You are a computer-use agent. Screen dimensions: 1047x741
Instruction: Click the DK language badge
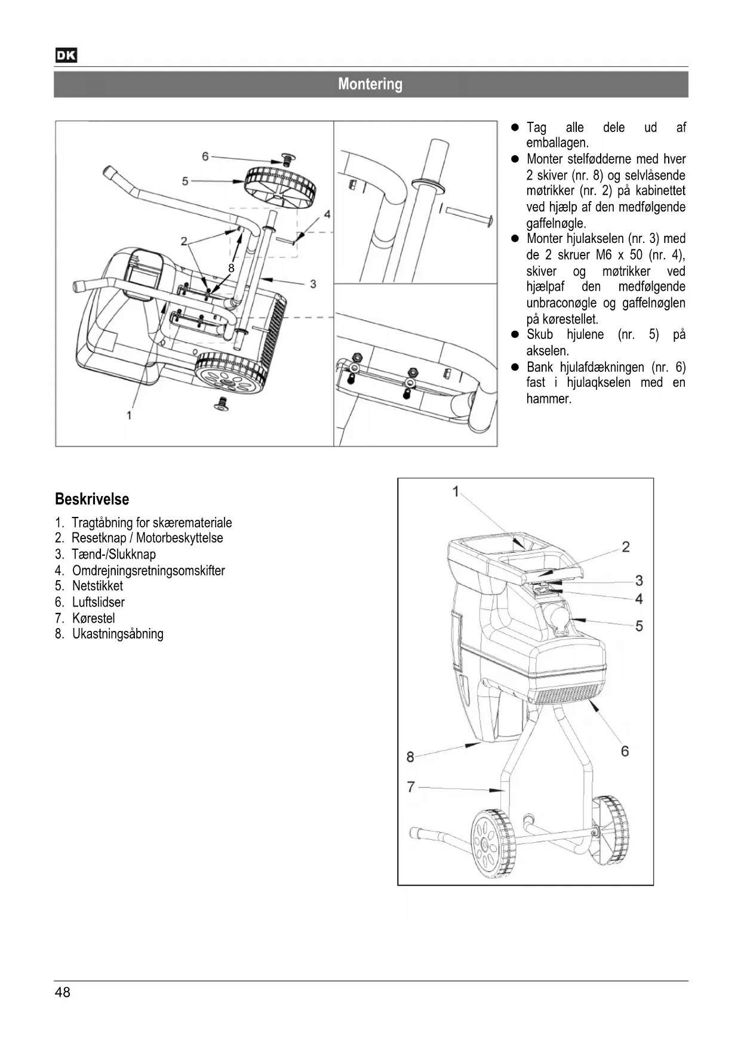point(66,56)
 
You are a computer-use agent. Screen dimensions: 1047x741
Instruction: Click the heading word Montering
point(370,84)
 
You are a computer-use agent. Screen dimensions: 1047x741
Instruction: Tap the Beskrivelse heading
point(92,499)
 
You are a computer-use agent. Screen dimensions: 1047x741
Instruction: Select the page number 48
point(62,992)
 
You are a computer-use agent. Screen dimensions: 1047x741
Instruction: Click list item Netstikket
point(97,586)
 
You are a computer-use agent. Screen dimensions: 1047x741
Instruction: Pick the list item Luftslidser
point(98,602)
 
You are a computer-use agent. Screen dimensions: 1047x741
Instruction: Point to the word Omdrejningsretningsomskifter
point(148,571)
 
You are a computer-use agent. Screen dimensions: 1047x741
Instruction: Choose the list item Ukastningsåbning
point(118,634)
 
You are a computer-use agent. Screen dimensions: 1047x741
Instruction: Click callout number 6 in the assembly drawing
point(205,156)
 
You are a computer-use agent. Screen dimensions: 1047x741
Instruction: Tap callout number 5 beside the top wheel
point(185,180)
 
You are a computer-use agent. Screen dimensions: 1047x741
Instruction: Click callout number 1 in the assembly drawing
point(129,414)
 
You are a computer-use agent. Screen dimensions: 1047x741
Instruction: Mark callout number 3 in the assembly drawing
point(313,284)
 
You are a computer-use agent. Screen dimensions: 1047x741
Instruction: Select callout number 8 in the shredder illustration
point(410,757)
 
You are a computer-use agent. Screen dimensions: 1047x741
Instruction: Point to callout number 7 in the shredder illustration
point(411,787)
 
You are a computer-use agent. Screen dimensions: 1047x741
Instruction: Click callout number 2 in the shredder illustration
point(625,547)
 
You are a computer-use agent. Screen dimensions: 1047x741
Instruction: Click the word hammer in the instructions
point(549,399)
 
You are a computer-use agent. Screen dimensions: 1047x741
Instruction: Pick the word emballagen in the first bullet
point(557,143)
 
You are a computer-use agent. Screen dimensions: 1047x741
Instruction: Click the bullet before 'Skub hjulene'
point(514,335)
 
